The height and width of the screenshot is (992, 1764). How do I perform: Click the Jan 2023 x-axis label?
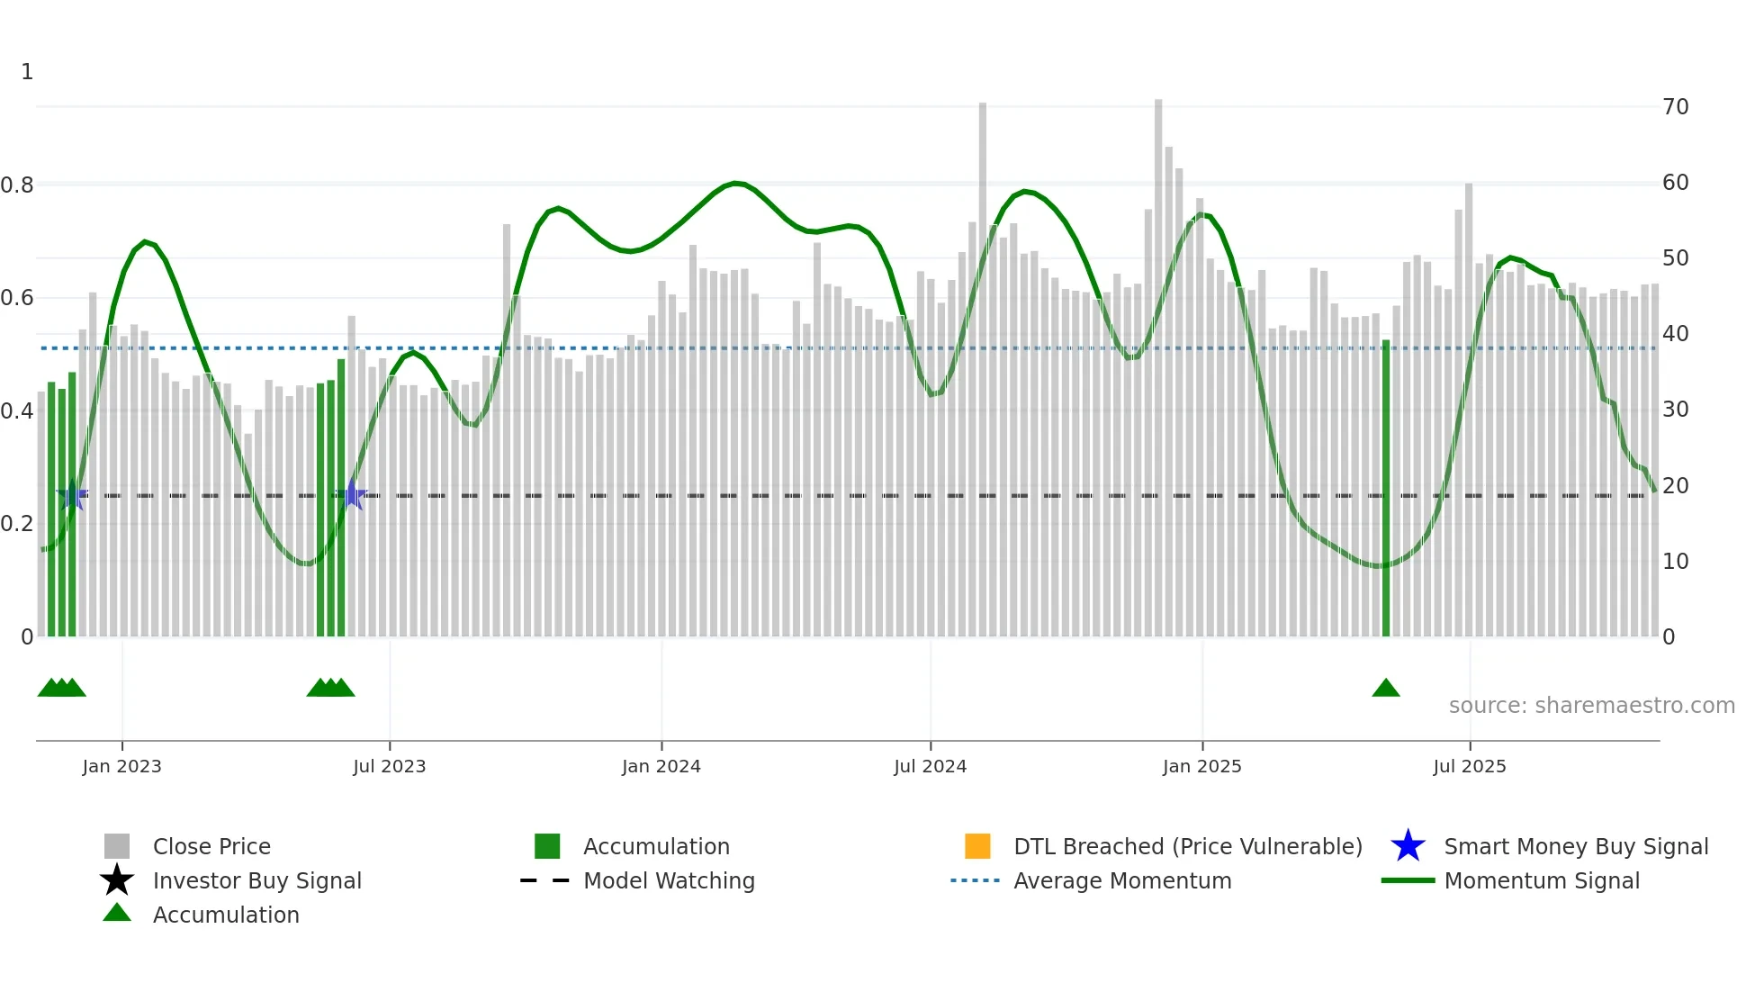pos(121,766)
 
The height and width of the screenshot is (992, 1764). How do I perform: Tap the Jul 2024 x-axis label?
pos(930,766)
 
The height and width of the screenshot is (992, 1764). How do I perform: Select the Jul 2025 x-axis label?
pos(1469,766)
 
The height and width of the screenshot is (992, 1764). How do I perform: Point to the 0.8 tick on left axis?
pos(17,185)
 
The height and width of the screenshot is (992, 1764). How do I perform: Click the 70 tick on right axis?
pos(1675,107)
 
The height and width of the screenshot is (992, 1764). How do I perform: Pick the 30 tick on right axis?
pos(1675,410)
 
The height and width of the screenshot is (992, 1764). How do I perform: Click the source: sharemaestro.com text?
pos(1591,706)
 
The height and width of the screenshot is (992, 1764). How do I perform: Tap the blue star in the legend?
pos(1408,846)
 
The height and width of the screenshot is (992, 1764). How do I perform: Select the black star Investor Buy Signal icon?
pos(117,880)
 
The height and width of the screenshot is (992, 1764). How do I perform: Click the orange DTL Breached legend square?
pos(977,846)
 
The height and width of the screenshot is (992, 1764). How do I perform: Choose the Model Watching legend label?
pos(669,880)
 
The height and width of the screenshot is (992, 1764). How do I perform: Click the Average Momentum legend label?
pos(1122,880)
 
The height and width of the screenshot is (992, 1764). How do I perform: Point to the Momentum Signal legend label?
pos(1541,880)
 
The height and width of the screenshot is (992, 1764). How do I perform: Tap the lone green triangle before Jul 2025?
pos(1385,689)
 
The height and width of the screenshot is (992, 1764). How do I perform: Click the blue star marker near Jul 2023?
pos(351,495)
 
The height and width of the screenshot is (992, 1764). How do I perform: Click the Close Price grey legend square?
pos(117,846)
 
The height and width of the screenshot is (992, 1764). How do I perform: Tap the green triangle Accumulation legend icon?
pos(117,913)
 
